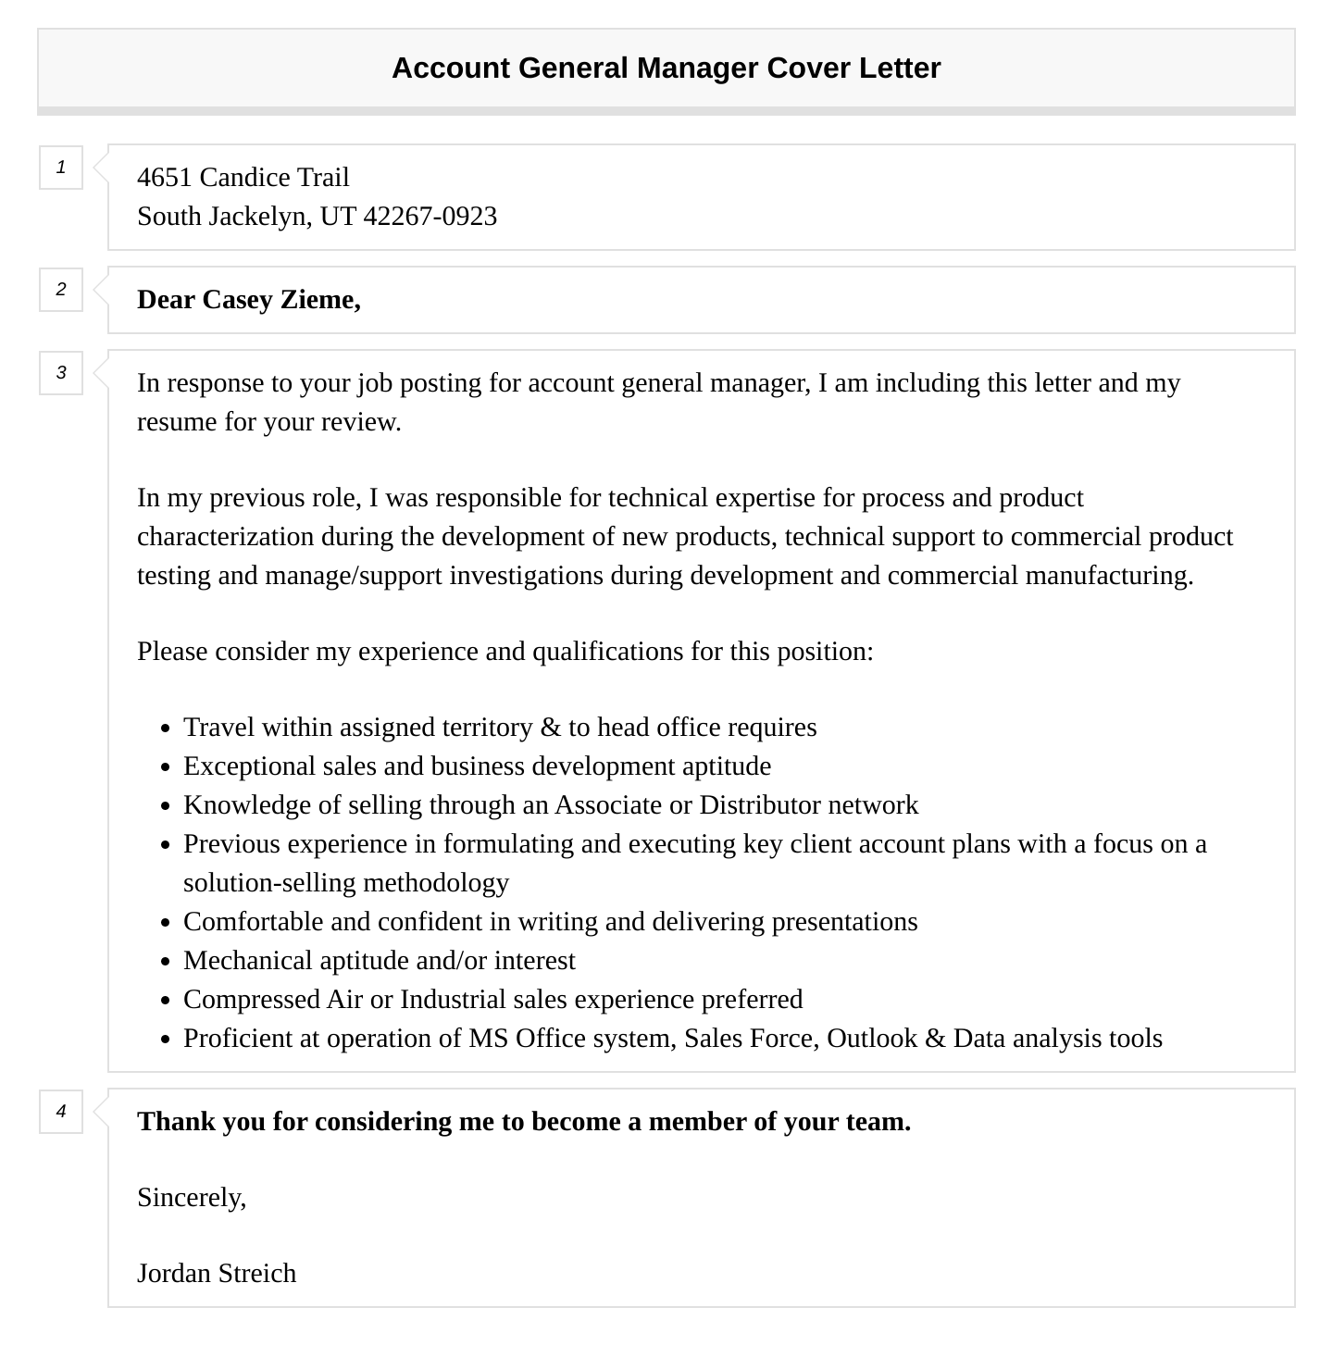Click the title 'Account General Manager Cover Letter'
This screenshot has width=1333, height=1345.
point(666,68)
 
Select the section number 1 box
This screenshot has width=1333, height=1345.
point(61,168)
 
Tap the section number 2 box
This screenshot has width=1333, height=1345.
point(61,290)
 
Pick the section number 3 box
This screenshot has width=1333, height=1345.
point(61,373)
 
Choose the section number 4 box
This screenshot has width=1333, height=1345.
point(61,1112)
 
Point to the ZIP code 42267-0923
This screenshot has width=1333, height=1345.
point(430,217)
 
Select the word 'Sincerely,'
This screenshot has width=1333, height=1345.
point(192,1198)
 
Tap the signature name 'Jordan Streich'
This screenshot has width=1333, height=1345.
point(217,1274)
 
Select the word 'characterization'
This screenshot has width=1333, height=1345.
point(226,537)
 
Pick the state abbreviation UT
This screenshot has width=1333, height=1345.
point(338,217)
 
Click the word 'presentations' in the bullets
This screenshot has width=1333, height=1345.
point(844,922)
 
